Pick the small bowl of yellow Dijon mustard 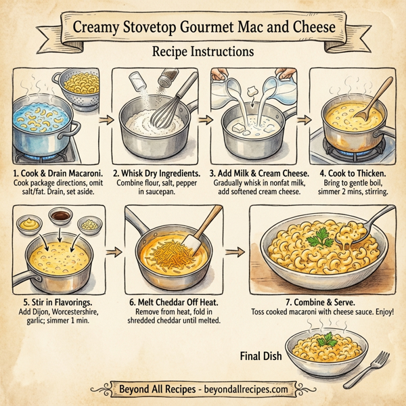point(30,223)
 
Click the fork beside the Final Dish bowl point(375,368)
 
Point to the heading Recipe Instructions point(203,51)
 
